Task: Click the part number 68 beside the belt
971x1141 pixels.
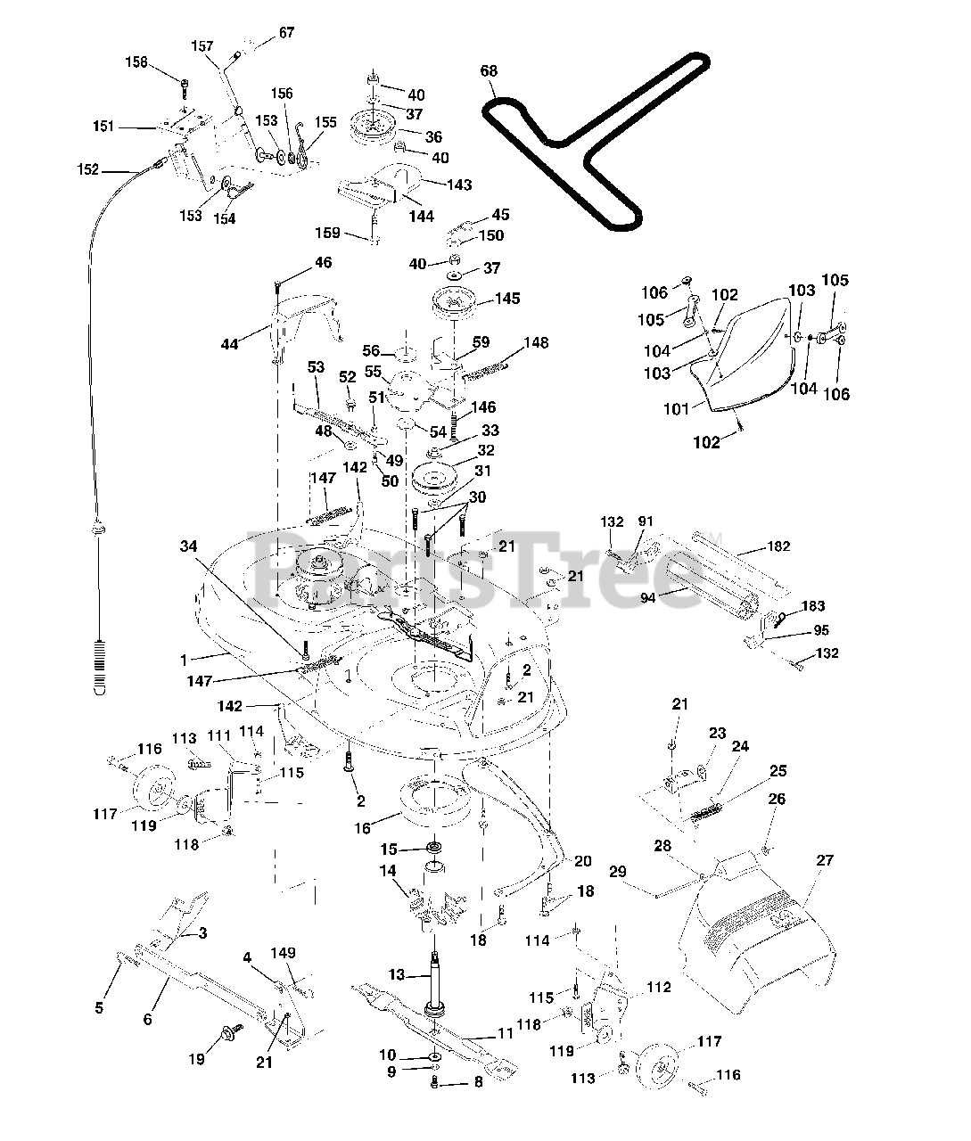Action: [489, 71]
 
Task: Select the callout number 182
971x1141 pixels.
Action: [778, 546]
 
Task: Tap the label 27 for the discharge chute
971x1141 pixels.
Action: [825, 860]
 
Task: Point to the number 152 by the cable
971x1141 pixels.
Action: [88, 169]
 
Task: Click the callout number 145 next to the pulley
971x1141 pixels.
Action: [507, 299]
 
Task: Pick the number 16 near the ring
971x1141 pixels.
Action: [362, 829]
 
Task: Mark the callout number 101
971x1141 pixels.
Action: [676, 409]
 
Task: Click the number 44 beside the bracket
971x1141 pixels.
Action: [230, 344]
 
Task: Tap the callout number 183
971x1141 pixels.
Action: [813, 605]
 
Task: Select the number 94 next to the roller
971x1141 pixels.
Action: [647, 598]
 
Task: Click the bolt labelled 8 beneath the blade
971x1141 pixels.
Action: [435, 1084]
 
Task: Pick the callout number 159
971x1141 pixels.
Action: [327, 233]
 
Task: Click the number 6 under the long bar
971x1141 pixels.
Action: [147, 1019]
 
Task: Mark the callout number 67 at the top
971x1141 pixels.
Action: [286, 33]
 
